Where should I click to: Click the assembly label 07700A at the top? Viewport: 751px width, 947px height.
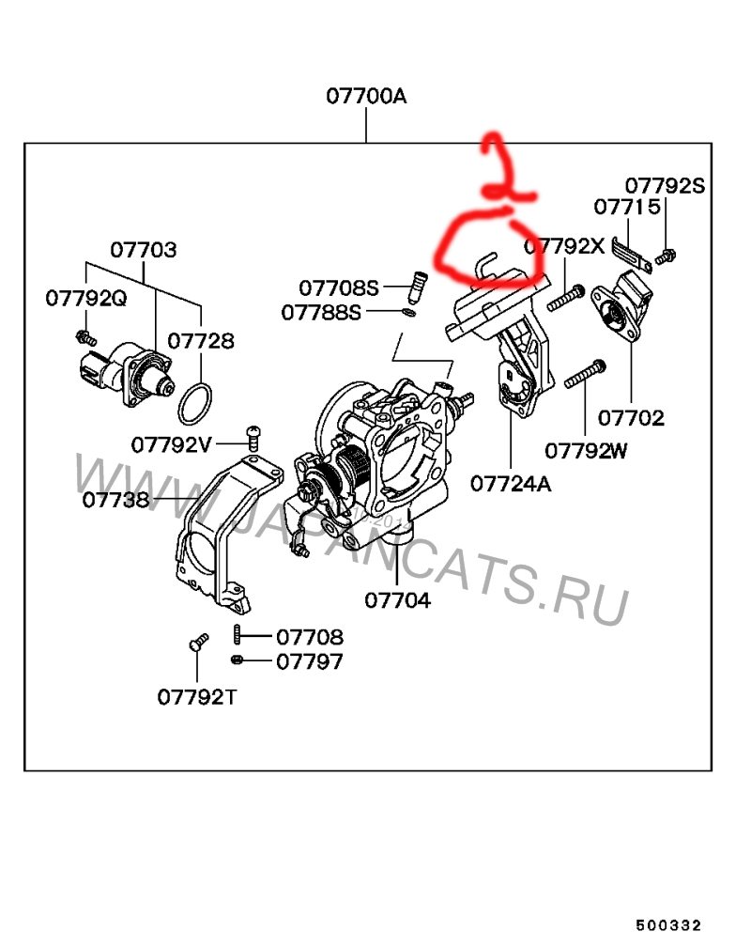pos(366,96)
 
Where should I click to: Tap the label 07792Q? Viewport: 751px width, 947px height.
pos(86,298)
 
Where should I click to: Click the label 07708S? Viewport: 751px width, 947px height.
pos(339,287)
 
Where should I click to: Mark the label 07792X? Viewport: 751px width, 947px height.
pos(564,247)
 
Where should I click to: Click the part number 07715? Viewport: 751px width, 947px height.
pos(626,206)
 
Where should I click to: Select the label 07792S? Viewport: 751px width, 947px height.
pos(665,185)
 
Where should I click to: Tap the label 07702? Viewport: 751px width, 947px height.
pos(631,417)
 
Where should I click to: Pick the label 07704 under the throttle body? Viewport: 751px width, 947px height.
pos(397,600)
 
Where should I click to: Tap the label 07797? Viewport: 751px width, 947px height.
pos(309,661)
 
